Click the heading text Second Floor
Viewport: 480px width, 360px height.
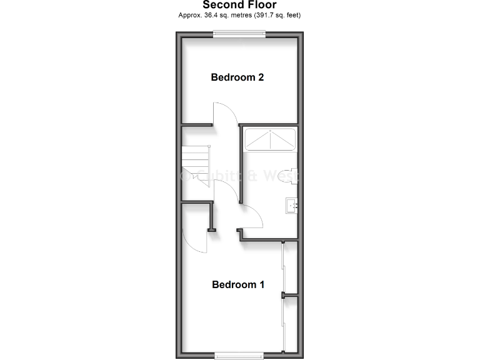[239, 5]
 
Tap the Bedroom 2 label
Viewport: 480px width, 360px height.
[237, 77]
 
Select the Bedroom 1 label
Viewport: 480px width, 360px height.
[238, 284]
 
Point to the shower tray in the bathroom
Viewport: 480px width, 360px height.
[269, 140]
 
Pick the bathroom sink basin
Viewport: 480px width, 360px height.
[291, 205]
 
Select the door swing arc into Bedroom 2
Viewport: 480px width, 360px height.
[226, 112]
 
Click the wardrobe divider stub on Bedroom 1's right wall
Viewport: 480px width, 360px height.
[289, 294]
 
